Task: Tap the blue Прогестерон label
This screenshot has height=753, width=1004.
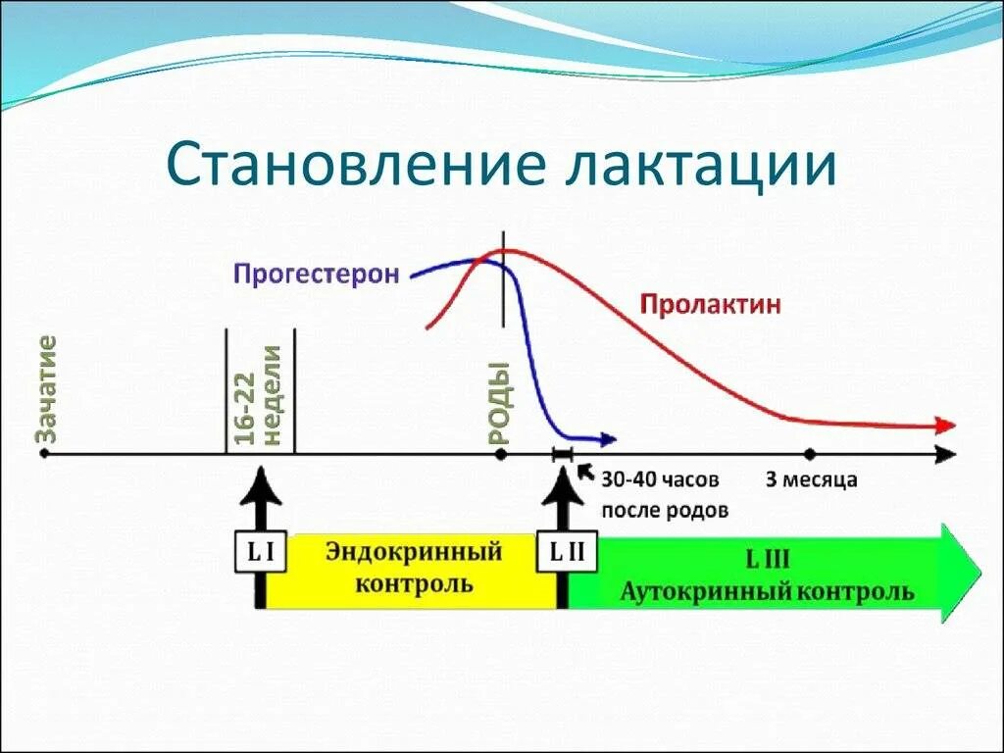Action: tap(316, 274)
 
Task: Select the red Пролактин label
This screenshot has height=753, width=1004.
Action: tap(711, 304)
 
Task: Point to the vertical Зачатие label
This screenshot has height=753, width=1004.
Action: tap(46, 386)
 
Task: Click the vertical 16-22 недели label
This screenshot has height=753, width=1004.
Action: tap(260, 394)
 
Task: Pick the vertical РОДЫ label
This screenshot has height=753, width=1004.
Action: tap(501, 403)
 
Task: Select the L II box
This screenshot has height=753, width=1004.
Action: tap(564, 552)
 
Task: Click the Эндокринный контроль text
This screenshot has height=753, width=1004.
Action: tap(414, 568)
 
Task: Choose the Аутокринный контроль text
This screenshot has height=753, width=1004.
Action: tap(768, 592)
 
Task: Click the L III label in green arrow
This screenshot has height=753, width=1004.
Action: tap(769, 562)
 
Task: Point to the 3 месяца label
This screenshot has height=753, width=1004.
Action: tap(811, 480)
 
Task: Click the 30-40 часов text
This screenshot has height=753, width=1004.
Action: tap(660, 480)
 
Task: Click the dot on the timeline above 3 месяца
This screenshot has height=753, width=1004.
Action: tap(810, 454)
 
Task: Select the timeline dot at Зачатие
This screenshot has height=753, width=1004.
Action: tap(43, 454)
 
